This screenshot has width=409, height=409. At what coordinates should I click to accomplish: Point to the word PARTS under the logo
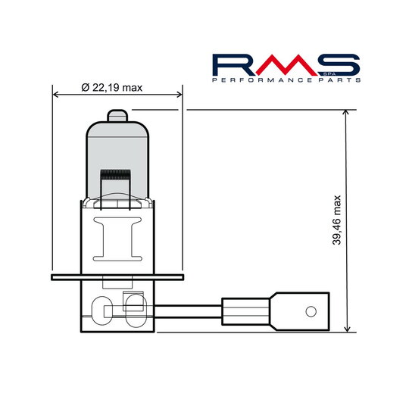pos(339,80)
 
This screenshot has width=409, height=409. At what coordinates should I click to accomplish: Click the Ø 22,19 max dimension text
pos(111,88)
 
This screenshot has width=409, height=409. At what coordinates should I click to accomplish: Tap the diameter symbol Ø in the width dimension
pos(85,88)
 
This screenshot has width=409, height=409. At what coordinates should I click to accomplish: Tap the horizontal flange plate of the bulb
pos(117,278)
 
